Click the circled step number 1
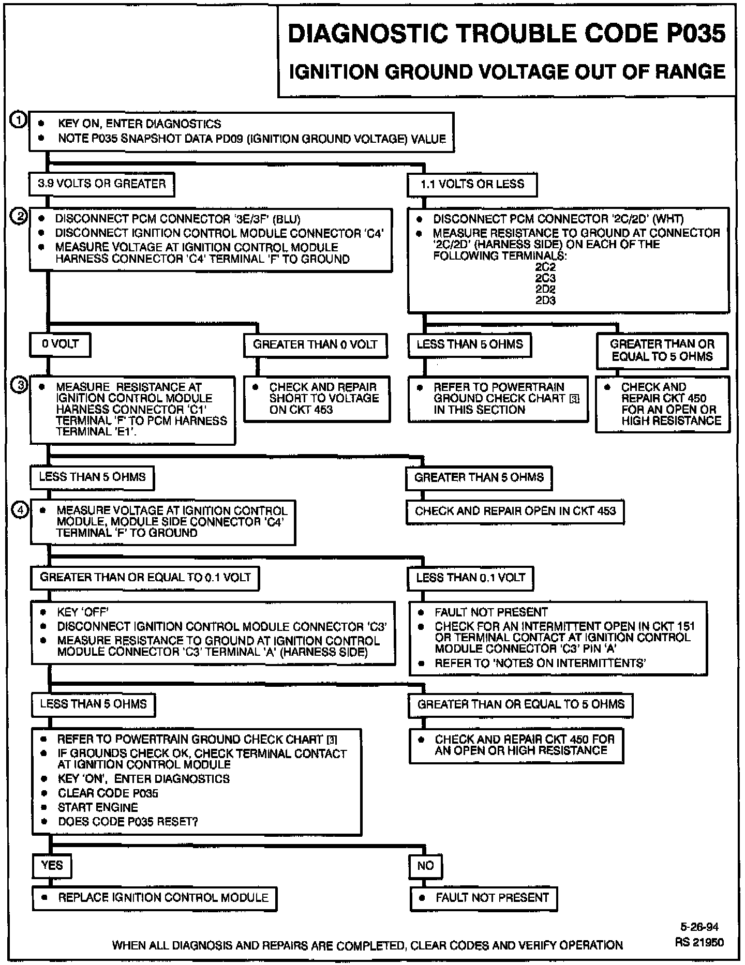pyautogui.click(x=18, y=120)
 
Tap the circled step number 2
pyautogui.click(x=19, y=217)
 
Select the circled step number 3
pyautogui.click(x=19, y=385)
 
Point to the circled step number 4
pyautogui.click(x=20, y=510)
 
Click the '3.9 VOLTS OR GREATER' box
pyautogui.click(x=102, y=184)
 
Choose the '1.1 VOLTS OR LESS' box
pyautogui.click(x=472, y=184)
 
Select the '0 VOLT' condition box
pyautogui.click(x=61, y=344)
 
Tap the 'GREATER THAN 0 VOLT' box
pyautogui.click(x=315, y=345)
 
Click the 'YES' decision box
pyautogui.click(x=52, y=865)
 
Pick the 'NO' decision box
pyautogui.click(x=426, y=865)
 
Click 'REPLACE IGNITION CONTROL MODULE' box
pyautogui.click(x=155, y=898)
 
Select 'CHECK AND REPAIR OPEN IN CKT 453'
pyautogui.click(x=515, y=511)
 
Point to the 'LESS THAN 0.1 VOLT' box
pyautogui.click(x=470, y=578)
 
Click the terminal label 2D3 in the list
pyautogui.click(x=545, y=300)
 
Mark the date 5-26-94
pyautogui.click(x=699, y=927)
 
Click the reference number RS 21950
pyautogui.click(x=699, y=942)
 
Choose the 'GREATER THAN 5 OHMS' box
pyautogui.click(x=479, y=477)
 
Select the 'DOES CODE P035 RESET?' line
pyautogui.click(x=128, y=822)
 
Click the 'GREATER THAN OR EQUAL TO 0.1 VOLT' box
pyautogui.click(x=145, y=578)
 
